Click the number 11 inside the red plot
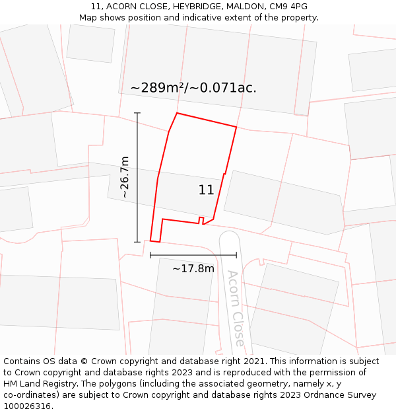pos(206,190)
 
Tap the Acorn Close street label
pos(235,308)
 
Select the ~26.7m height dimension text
pos(124,177)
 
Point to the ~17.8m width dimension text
pos(193,268)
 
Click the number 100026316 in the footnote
pos(27,406)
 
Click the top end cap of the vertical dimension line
pos(137,113)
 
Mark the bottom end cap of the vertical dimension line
pos(137,242)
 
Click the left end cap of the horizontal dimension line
pos(150,255)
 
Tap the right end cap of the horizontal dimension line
pos(236,255)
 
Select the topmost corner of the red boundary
pos(177,113)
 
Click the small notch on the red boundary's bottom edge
pos(201,219)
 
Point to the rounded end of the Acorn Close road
pos(229,237)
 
